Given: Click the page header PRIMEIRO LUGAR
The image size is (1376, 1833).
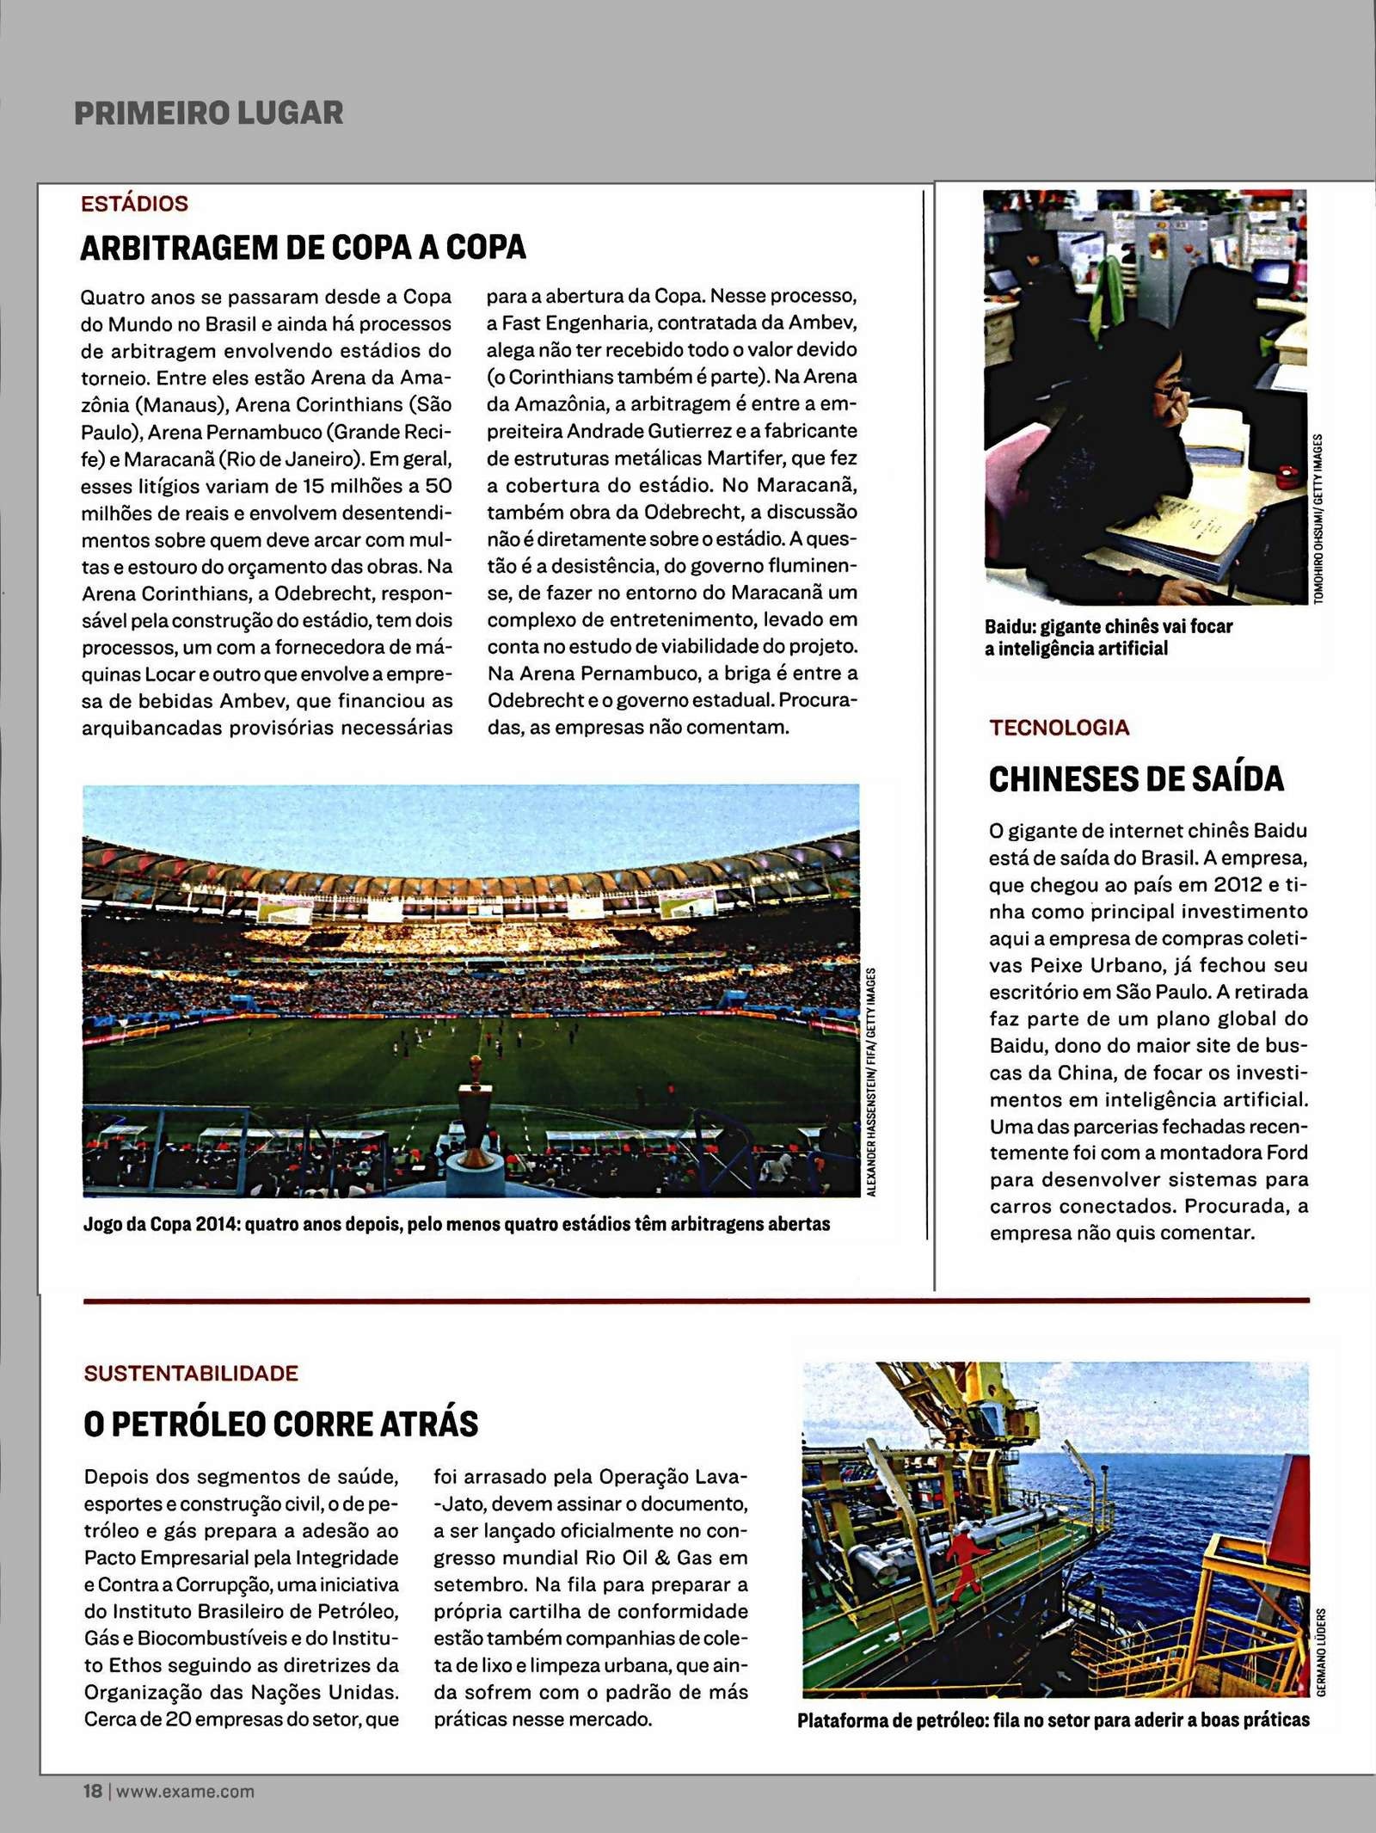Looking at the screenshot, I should pos(209,113).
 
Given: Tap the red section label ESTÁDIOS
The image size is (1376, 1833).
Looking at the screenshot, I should pos(134,204).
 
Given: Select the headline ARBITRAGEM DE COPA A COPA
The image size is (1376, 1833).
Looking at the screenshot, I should pos(303,248).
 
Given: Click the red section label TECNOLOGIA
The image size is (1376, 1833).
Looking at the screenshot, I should pos(1059,728).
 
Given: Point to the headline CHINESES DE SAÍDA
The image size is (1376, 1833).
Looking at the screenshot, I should pos(1136,779).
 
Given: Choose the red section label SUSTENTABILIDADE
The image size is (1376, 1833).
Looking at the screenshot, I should pos(191,1373).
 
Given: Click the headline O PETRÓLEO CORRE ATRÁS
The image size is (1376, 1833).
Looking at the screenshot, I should pos(280,1424).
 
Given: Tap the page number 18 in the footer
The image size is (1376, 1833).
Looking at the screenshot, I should pos(92,1791).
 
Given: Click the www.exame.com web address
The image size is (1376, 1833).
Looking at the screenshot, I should pos(186,1792).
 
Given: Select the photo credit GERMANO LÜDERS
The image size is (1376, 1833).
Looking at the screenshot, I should pos(1322,1652).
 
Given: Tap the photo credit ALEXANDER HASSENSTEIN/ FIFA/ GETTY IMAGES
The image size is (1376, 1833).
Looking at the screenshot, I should pos(871,1081).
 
